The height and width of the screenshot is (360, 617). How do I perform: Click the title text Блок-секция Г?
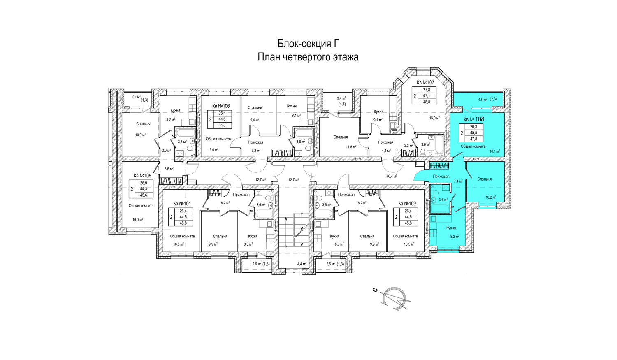[x=308, y=44]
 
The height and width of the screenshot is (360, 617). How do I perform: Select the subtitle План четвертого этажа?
[x=308, y=57]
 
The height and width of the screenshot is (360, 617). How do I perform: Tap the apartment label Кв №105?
[x=142, y=176]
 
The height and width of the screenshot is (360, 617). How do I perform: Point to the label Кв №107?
[x=425, y=83]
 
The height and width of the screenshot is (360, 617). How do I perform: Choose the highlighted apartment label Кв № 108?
[x=474, y=119]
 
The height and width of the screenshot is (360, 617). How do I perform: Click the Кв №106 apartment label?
[x=221, y=106]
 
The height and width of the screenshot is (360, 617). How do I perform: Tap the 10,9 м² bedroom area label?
[x=141, y=135]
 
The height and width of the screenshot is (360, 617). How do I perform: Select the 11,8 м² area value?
[x=350, y=146]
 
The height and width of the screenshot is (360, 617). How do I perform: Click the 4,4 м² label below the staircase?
[x=302, y=264]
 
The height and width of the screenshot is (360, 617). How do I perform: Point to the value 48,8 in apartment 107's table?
[x=427, y=102]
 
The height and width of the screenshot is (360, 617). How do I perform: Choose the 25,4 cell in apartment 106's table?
[x=222, y=113]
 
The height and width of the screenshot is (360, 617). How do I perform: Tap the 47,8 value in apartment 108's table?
[x=473, y=139]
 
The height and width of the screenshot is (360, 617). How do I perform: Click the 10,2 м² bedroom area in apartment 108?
[x=491, y=197]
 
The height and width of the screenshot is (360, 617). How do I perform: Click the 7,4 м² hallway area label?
[x=458, y=181]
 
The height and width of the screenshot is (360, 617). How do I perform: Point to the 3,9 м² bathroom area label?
[x=425, y=145]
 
